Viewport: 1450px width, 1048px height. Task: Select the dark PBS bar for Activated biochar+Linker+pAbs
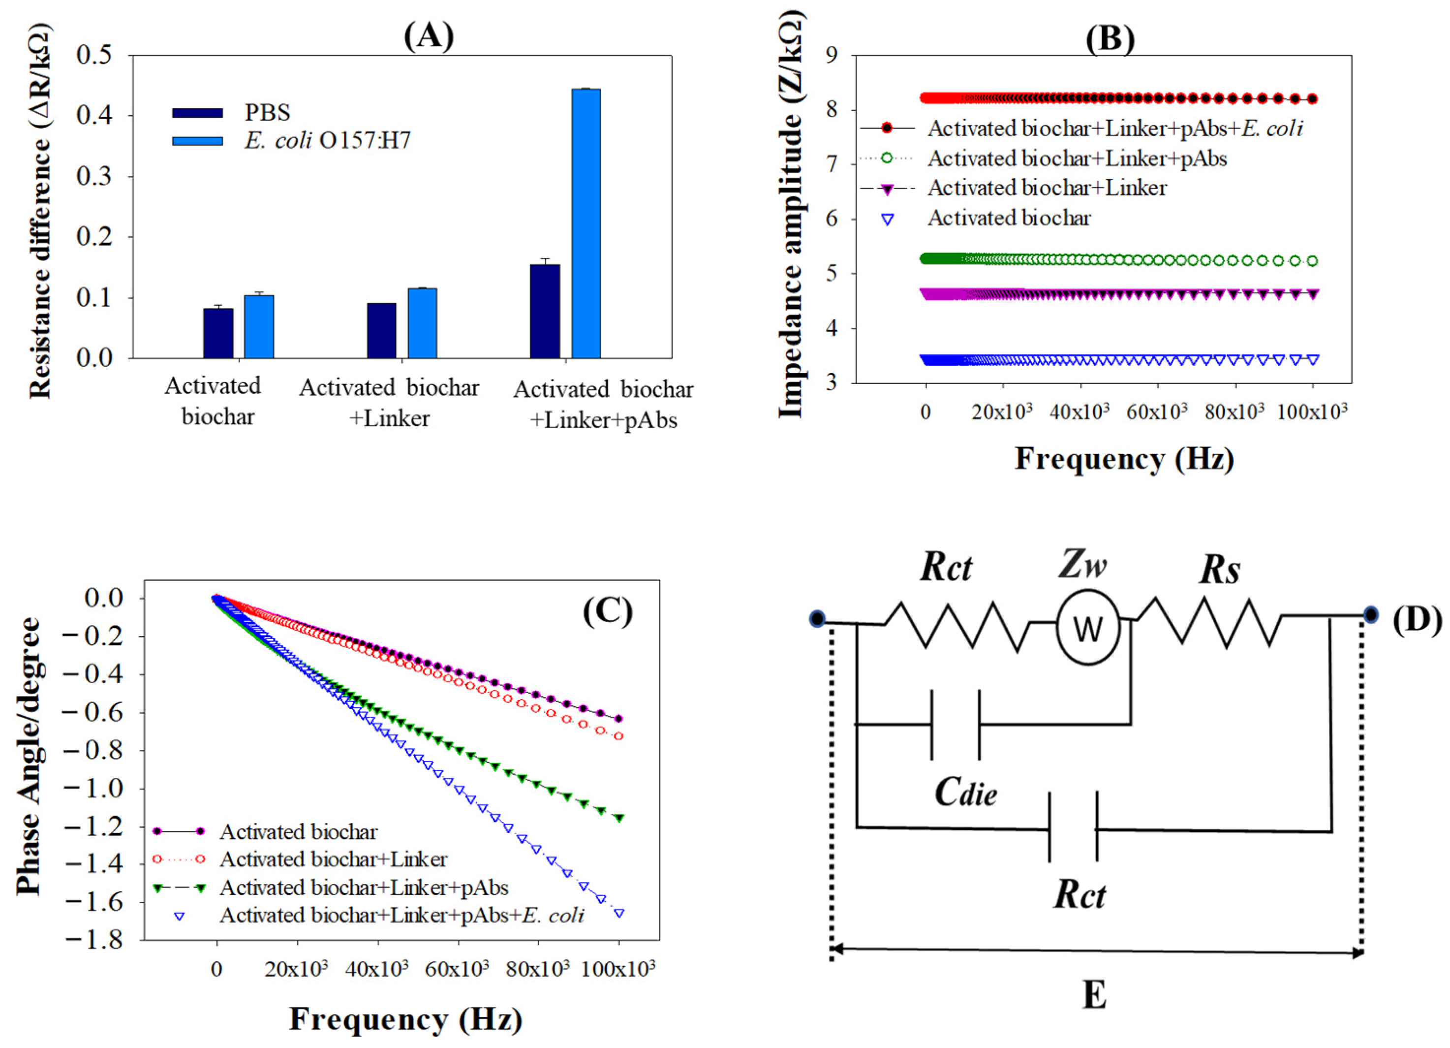click(545, 311)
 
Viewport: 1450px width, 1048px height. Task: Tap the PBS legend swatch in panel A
click(198, 113)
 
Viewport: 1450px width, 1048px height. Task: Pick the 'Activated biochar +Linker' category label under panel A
click(389, 403)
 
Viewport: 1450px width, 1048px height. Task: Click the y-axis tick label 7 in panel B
click(832, 164)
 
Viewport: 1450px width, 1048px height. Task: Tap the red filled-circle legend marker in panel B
click(887, 128)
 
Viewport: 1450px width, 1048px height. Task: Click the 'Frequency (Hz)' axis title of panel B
click(1124, 459)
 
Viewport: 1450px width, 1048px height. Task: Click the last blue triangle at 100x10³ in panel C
click(619, 913)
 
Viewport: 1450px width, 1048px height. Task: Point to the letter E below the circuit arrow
click(1095, 995)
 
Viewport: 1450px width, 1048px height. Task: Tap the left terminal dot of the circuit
click(817, 619)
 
